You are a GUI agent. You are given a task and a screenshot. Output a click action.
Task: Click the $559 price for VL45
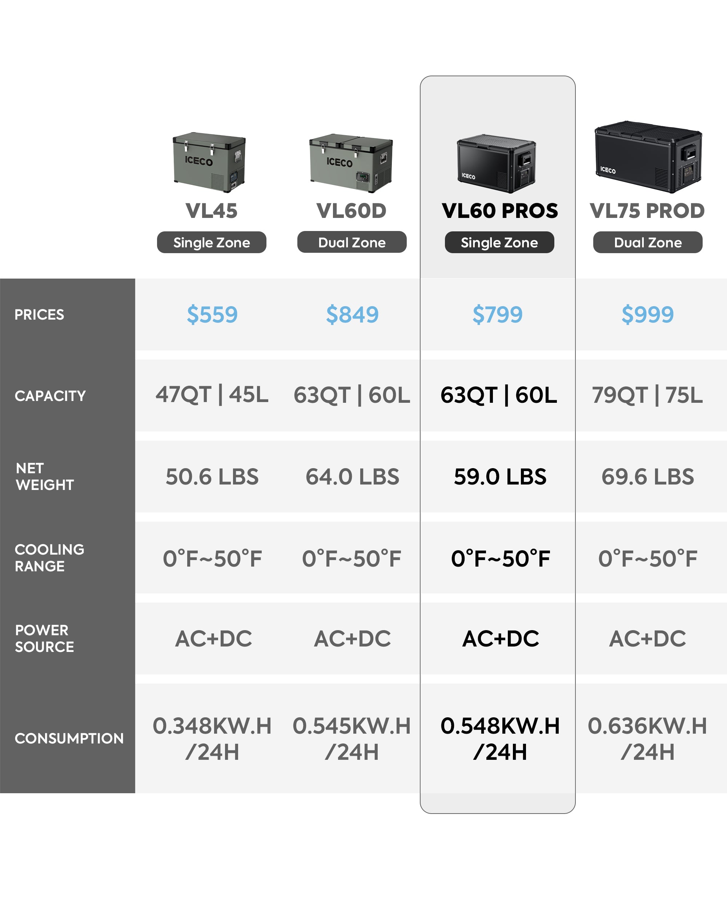(x=212, y=315)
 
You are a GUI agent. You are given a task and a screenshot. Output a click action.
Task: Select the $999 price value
(x=647, y=315)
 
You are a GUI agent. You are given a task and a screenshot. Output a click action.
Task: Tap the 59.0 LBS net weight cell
(x=500, y=477)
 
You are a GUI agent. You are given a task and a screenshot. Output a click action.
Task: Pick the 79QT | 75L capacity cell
(x=647, y=396)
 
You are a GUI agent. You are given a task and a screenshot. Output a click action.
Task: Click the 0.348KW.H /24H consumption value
(x=212, y=739)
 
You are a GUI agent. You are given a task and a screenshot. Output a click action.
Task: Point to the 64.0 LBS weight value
(x=352, y=477)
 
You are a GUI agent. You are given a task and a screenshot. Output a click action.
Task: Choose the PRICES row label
(x=39, y=315)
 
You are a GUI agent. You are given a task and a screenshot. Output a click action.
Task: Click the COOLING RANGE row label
(x=49, y=558)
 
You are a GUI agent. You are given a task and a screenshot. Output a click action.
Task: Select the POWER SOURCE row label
(x=44, y=639)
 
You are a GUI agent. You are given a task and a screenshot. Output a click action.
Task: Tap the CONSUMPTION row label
(x=69, y=738)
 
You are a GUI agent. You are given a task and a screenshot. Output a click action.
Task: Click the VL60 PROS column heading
(x=500, y=211)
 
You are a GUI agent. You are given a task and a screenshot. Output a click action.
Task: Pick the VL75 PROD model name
(x=647, y=211)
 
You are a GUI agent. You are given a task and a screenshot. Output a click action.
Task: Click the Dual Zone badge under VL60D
(x=352, y=242)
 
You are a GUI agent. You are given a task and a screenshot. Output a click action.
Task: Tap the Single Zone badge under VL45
(x=212, y=242)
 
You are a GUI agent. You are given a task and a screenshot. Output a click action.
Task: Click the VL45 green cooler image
(x=209, y=162)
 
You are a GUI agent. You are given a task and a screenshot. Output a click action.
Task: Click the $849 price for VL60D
(x=352, y=315)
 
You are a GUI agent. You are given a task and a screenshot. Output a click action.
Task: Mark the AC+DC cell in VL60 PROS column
(x=500, y=639)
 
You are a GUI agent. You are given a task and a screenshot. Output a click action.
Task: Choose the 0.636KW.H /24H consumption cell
(x=647, y=739)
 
